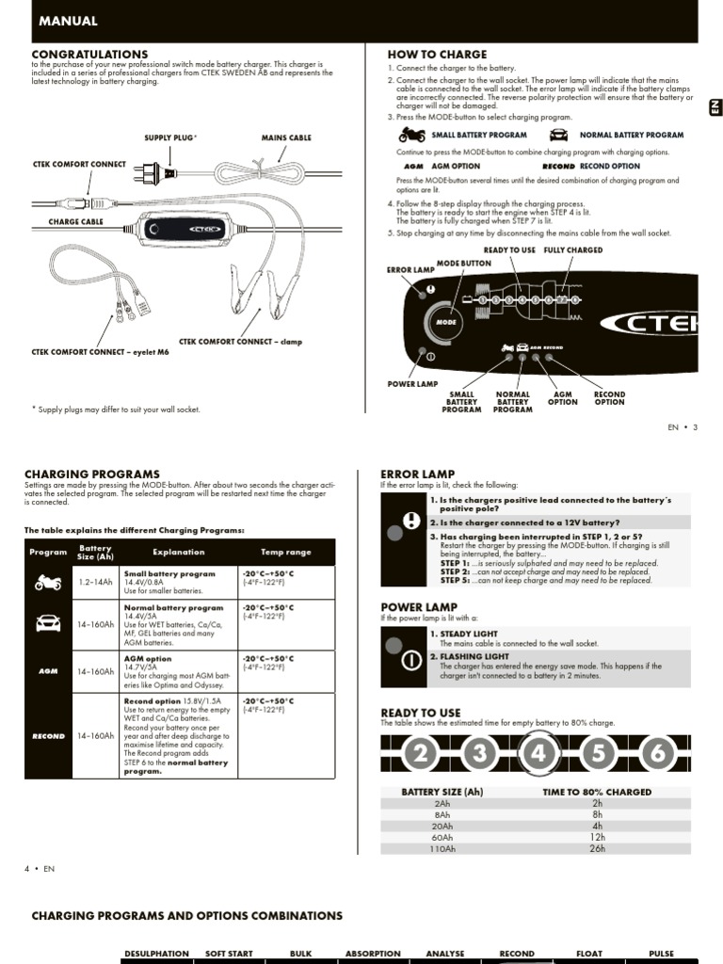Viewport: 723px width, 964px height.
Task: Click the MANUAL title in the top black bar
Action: pyautogui.click(x=67, y=21)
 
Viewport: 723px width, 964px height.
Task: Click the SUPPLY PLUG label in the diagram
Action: pyautogui.click(x=170, y=137)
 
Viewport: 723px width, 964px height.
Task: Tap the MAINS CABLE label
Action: pyautogui.click(x=286, y=137)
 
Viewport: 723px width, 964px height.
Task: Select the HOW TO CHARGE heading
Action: pyautogui.click(x=437, y=55)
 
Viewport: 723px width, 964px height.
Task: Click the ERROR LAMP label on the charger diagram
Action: pyautogui.click(x=410, y=270)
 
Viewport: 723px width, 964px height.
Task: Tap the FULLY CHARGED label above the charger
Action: pyautogui.click(x=572, y=250)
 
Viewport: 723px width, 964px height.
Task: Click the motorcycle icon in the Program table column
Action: pyautogui.click(x=48, y=583)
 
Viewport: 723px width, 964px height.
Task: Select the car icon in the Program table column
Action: pyautogui.click(x=48, y=622)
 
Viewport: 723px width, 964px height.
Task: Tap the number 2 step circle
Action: pyautogui.click(x=423, y=753)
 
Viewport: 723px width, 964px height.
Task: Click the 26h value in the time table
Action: pyautogui.click(x=597, y=848)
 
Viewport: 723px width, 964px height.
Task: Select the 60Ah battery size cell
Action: pyautogui.click(x=442, y=837)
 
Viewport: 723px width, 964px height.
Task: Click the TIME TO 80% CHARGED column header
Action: pyautogui.click(x=597, y=792)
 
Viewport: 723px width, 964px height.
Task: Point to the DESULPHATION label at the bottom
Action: pyautogui.click(x=157, y=954)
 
